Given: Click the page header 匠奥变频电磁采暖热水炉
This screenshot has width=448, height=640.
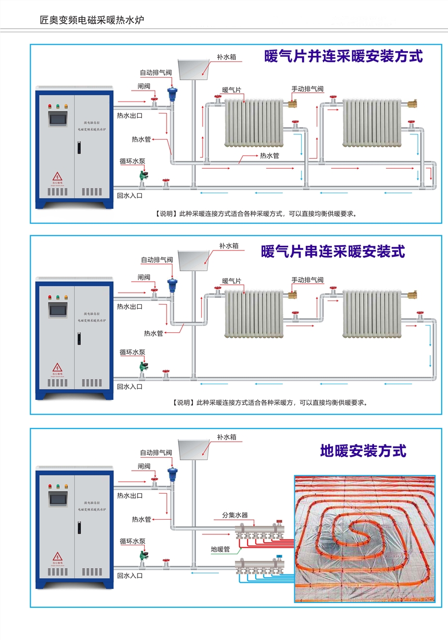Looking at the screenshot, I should [91, 20].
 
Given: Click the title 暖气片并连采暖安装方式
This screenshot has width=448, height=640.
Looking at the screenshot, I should [343, 56].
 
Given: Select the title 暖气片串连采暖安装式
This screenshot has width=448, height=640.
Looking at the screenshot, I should [333, 252].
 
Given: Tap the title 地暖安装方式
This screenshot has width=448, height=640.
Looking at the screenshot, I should [363, 450].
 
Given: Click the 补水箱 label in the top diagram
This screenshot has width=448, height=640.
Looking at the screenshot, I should [226, 57].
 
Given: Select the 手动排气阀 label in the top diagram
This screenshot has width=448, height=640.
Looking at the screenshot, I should [307, 89].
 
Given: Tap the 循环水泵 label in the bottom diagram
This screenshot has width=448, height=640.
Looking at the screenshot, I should [132, 542].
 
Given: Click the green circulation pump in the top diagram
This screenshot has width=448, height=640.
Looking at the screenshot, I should [142, 177].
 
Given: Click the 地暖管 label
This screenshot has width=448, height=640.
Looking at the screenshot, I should [220, 548].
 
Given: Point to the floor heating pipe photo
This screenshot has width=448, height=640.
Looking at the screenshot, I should [364, 539].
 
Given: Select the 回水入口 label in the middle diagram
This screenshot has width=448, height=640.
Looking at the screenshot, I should [130, 387].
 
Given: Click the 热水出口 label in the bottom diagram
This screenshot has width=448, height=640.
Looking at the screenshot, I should [130, 496].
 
